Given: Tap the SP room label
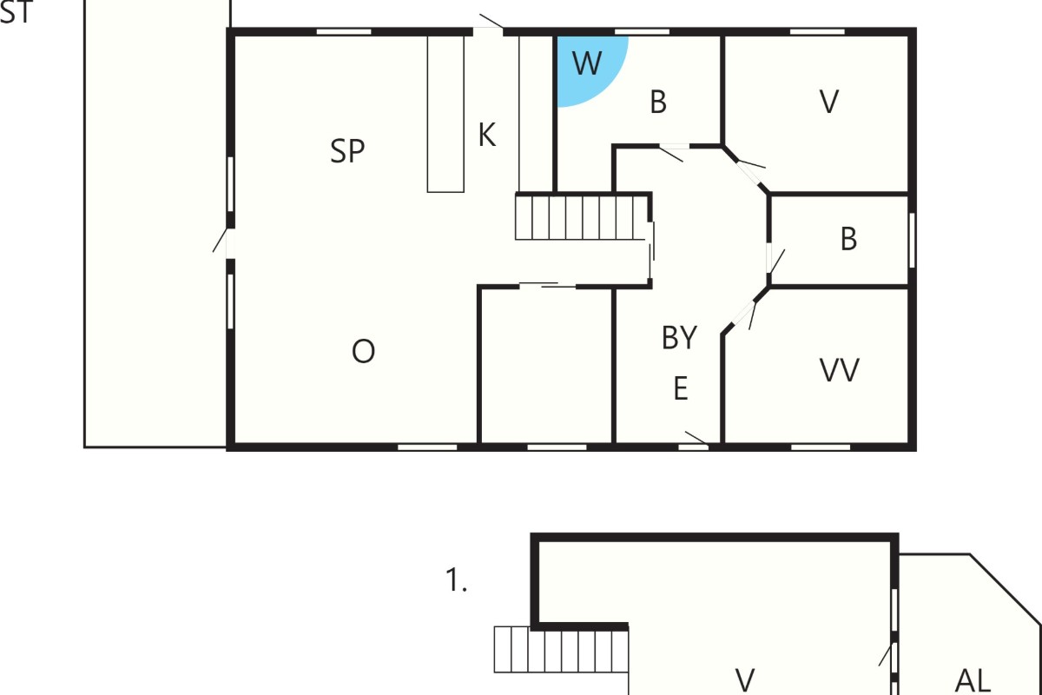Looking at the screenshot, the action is pyautogui.click(x=347, y=151).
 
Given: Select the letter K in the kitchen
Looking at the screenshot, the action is pyautogui.click(x=487, y=136).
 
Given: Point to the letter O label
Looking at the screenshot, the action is pyautogui.click(x=363, y=352).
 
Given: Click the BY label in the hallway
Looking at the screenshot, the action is pyautogui.click(x=679, y=337).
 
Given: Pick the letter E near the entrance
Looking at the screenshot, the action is pyautogui.click(x=681, y=388).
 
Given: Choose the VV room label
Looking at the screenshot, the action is pyautogui.click(x=839, y=371).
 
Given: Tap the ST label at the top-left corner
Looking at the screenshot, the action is pyautogui.click(x=16, y=12).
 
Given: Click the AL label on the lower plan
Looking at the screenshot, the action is pyautogui.click(x=973, y=680).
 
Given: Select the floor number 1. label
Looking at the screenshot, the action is pyautogui.click(x=456, y=580).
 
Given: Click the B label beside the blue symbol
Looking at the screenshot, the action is pyautogui.click(x=658, y=102).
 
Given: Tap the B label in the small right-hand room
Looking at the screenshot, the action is pyautogui.click(x=848, y=239).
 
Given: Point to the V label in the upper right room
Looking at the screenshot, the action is pyautogui.click(x=829, y=102).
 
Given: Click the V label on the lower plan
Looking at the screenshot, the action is pyautogui.click(x=745, y=680).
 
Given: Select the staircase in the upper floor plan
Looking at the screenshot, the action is pyautogui.click(x=581, y=218).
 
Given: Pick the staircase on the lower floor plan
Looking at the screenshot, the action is pyautogui.click(x=561, y=649).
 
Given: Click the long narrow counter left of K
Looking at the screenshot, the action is pyautogui.click(x=445, y=114).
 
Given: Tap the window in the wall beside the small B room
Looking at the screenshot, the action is pyautogui.click(x=913, y=240).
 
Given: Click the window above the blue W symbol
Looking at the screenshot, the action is pyautogui.click(x=642, y=31).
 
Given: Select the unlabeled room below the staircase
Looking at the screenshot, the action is pyautogui.click(x=546, y=366).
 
